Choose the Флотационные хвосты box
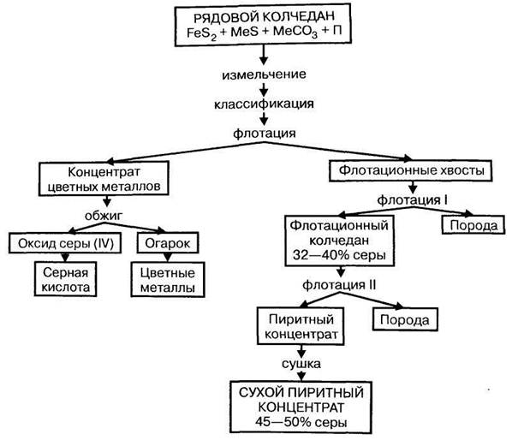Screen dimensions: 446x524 pyautogui.click(x=408, y=171)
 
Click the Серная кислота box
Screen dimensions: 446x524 pyautogui.click(x=55, y=280)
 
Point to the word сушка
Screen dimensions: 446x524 pyautogui.click(x=299, y=363)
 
